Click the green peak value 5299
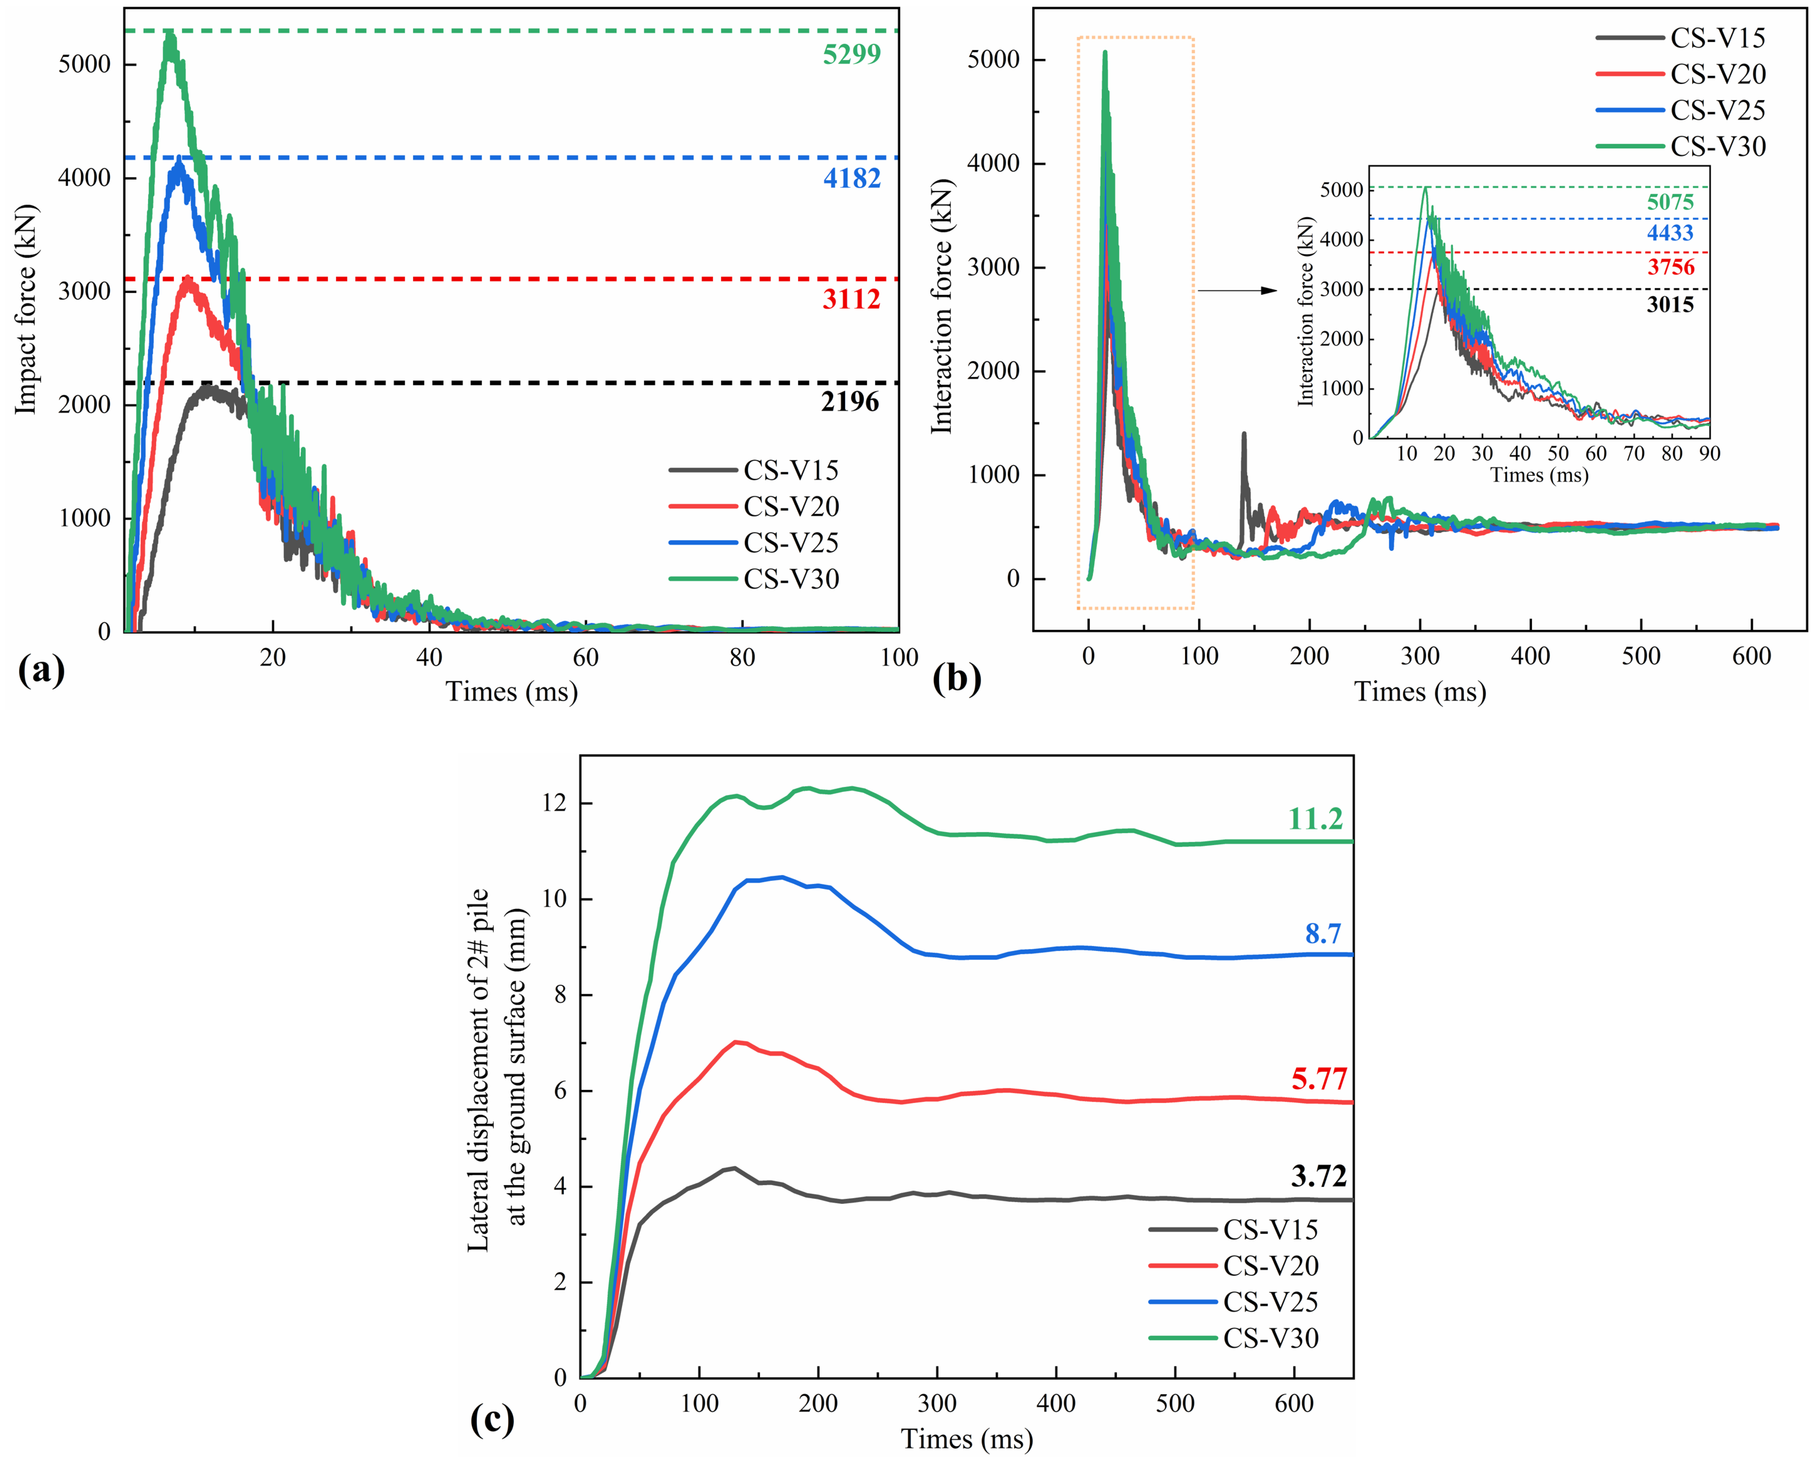851,54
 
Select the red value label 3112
851,299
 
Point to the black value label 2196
850,402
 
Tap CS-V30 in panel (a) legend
791,579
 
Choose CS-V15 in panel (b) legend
1717,38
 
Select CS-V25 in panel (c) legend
1271,1302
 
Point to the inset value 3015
1670,304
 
